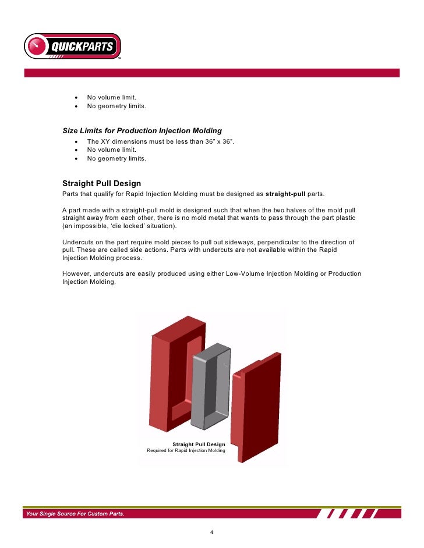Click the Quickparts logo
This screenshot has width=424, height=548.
tap(72, 46)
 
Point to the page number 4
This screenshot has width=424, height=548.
tap(212, 533)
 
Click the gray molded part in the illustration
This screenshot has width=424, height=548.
tap(210, 379)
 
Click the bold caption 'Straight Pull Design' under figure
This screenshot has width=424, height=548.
tap(199, 444)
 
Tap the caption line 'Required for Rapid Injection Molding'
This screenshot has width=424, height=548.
tap(186, 451)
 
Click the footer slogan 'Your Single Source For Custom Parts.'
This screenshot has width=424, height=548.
tap(74, 514)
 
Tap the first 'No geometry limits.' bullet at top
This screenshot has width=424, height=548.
tap(116, 106)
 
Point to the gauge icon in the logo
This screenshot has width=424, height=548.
tap(37, 45)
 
